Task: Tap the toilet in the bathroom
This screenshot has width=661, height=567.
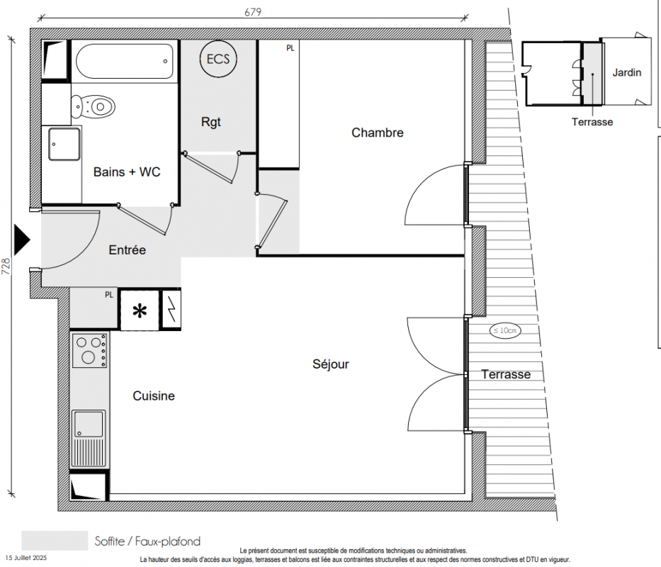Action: [x=94, y=107]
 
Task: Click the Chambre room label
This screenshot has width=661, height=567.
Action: [x=378, y=133]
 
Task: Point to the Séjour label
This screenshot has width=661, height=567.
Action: [x=330, y=364]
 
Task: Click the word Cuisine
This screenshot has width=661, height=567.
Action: [x=154, y=395]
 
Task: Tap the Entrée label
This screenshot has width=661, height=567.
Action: [x=127, y=249]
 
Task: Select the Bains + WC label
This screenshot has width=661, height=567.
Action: [x=127, y=172]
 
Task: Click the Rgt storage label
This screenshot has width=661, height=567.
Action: [x=211, y=122]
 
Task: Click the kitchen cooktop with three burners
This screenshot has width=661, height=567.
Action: [x=89, y=350]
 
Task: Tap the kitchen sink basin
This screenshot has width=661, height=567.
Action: [x=89, y=424]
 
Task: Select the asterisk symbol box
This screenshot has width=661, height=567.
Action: [x=140, y=310]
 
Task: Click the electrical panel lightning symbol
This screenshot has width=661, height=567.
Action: [x=171, y=310]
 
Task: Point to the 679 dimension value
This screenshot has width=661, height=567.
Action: [x=253, y=12]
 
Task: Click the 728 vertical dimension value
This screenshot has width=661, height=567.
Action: [x=6, y=266]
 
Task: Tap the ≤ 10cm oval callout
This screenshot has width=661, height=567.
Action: [x=505, y=330]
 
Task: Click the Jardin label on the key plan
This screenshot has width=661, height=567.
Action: [x=626, y=72]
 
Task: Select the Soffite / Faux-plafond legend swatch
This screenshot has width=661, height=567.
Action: [x=55, y=540]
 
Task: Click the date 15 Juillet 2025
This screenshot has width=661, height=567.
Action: [x=26, y=558]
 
